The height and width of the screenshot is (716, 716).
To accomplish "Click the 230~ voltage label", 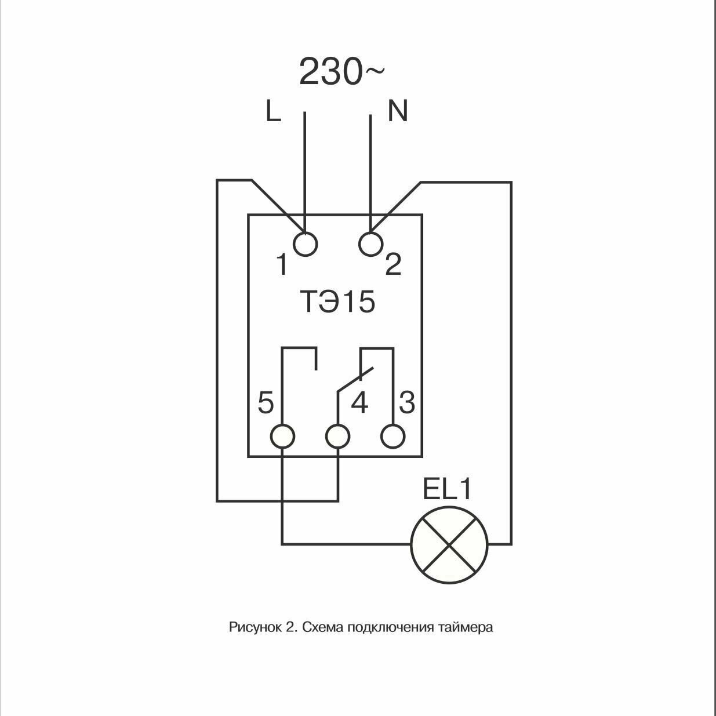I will tap(341, 72).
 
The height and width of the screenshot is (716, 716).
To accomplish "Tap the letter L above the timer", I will tap(273, 111).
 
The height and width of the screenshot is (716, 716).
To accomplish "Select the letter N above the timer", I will tap(398, 111).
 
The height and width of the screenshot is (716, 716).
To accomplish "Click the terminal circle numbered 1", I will tap(305, 244).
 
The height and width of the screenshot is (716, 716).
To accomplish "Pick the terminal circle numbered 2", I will tap(370, 244).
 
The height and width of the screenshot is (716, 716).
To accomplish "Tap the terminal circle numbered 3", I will tap(392, 436).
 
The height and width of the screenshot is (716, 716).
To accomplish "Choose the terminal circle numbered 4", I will tap(337, 436).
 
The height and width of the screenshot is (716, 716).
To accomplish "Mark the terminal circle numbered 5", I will tap(283, 436).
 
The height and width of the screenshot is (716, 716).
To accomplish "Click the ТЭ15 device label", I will tap(337, 302).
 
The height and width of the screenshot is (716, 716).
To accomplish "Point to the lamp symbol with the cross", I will tap(449, 544).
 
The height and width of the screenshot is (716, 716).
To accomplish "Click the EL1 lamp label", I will tap(447, 490).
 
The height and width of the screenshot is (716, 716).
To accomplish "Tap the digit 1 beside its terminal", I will tap(282, 266).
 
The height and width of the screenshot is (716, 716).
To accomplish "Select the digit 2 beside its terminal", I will tap(393, 266).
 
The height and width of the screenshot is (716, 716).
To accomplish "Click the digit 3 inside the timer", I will tap(407, 402).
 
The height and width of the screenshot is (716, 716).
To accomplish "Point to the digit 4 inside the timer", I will tap(359, 403).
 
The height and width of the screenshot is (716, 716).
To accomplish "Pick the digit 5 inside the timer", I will tap(266, 403).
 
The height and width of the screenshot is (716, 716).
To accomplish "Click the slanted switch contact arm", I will tap(355, 381).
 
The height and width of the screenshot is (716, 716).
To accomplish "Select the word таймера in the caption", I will tap(469, 627).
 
